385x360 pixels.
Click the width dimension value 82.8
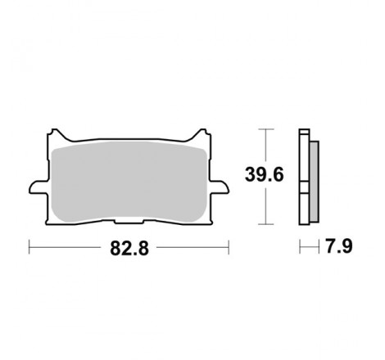129,245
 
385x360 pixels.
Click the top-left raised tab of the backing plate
56,132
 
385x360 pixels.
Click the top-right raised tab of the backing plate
200,132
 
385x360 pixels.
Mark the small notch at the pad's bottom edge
129,221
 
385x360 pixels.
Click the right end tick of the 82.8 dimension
228,245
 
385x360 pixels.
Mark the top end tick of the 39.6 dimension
265,128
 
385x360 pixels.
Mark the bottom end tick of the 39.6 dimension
265,223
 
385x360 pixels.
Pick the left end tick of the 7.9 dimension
300,245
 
